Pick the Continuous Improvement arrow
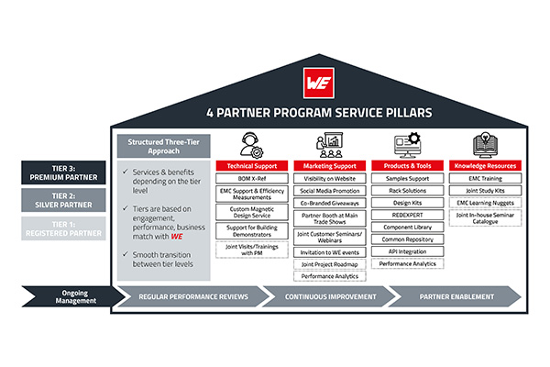click(326, 297)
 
